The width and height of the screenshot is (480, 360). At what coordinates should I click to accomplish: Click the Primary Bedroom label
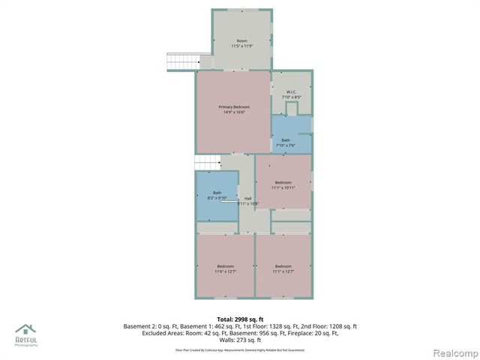pos(234,107)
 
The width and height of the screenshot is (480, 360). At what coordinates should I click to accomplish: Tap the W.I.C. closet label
pos(291,92)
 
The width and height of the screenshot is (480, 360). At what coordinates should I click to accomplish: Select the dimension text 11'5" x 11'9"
pos(241,46)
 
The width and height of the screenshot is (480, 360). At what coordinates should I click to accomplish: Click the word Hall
pos(247,198)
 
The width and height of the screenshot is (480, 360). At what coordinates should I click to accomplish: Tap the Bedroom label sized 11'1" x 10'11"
pos(283,182)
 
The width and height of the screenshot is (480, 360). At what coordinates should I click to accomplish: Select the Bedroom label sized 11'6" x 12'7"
pos(225,266)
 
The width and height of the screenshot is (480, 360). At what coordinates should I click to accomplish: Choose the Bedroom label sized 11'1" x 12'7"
pos(283,266)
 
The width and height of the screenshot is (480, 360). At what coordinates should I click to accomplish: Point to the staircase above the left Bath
pos(207,163)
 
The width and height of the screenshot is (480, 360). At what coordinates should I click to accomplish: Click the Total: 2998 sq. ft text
pos(240,319)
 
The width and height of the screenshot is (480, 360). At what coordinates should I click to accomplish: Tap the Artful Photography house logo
pos(26,330)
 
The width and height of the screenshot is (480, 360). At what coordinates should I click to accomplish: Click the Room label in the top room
pos(241,40)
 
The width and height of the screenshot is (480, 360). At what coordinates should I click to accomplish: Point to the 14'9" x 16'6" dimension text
pos(234,112)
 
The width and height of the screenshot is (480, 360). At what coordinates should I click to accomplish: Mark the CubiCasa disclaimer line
pos(240,349)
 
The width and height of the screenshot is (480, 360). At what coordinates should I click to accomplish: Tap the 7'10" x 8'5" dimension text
pos(291,97)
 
